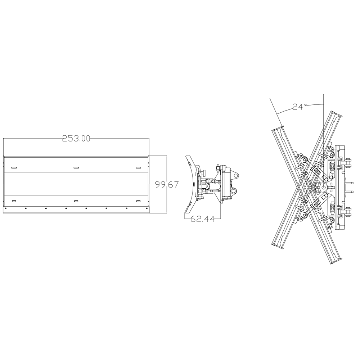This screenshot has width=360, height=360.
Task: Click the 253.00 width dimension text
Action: (76, 139)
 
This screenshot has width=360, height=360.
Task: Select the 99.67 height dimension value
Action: (167, 185)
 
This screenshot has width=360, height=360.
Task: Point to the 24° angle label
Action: (299, 107)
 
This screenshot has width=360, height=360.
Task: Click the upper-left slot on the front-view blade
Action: (14, 168)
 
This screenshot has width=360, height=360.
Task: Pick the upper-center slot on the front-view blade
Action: (76, 167)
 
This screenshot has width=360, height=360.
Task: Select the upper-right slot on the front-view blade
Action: (138, 168)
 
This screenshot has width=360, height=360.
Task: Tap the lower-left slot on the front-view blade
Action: (14, 201)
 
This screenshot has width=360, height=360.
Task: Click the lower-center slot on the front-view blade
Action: (76, 201)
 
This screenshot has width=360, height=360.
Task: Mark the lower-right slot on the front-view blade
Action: (138, 201)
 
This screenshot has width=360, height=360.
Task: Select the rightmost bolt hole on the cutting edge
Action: (147, 208)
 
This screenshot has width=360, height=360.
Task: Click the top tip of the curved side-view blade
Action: (187, 157)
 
